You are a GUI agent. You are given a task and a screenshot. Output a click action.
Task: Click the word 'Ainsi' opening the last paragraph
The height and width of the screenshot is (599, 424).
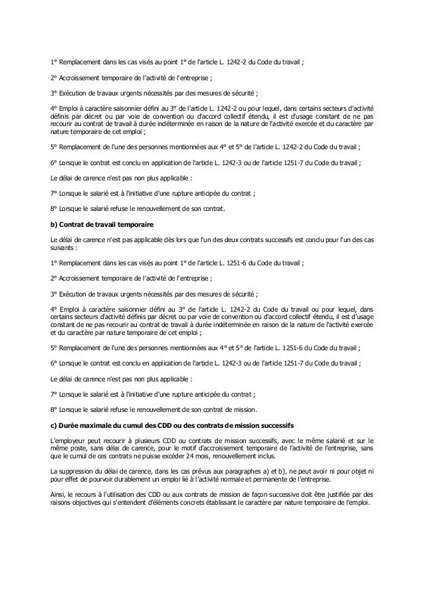coord(58,494)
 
